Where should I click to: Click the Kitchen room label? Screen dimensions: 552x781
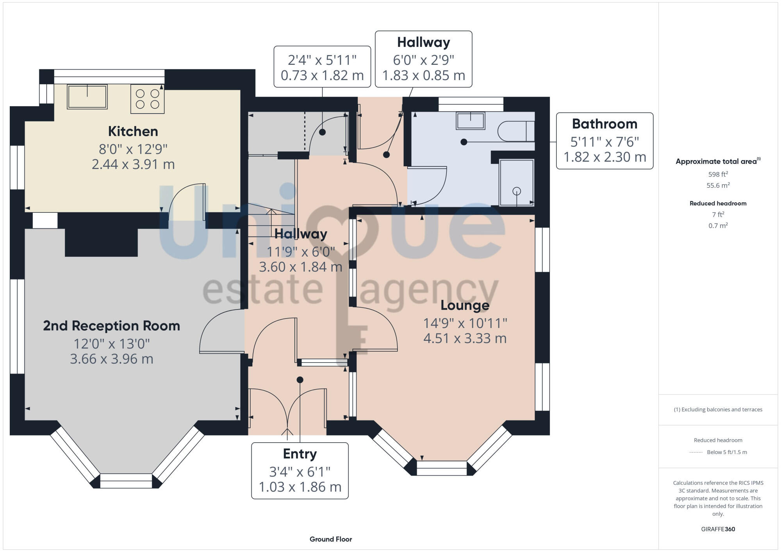coord(133,132)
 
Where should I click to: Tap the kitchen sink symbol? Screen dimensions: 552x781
coord(87,97)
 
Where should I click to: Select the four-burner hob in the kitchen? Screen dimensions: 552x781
coord(147,99)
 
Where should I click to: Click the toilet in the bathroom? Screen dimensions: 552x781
coord(515,131)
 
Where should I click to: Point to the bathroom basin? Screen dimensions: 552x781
coord(471,121)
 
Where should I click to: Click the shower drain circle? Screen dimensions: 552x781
coord(517,191)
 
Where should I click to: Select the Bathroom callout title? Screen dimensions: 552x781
coord(604,124)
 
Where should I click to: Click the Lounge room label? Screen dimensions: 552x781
coord(465,305)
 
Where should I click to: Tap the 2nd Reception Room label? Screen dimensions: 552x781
coord(111,326)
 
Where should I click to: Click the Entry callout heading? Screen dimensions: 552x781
coord(300,454)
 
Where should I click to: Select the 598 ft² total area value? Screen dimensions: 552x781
coord(718,174)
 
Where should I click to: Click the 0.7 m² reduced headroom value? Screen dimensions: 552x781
coord(718,226)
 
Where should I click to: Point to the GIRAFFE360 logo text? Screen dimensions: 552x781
coord(718,529)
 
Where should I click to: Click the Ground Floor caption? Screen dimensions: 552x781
coord(331,539)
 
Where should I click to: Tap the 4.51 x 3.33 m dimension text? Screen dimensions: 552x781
coord(465,338)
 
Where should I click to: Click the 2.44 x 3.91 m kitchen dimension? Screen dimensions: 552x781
coord(133,164)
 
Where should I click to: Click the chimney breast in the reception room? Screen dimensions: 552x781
coord(101,242)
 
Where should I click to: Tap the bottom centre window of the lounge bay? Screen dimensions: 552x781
coord(442,468)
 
